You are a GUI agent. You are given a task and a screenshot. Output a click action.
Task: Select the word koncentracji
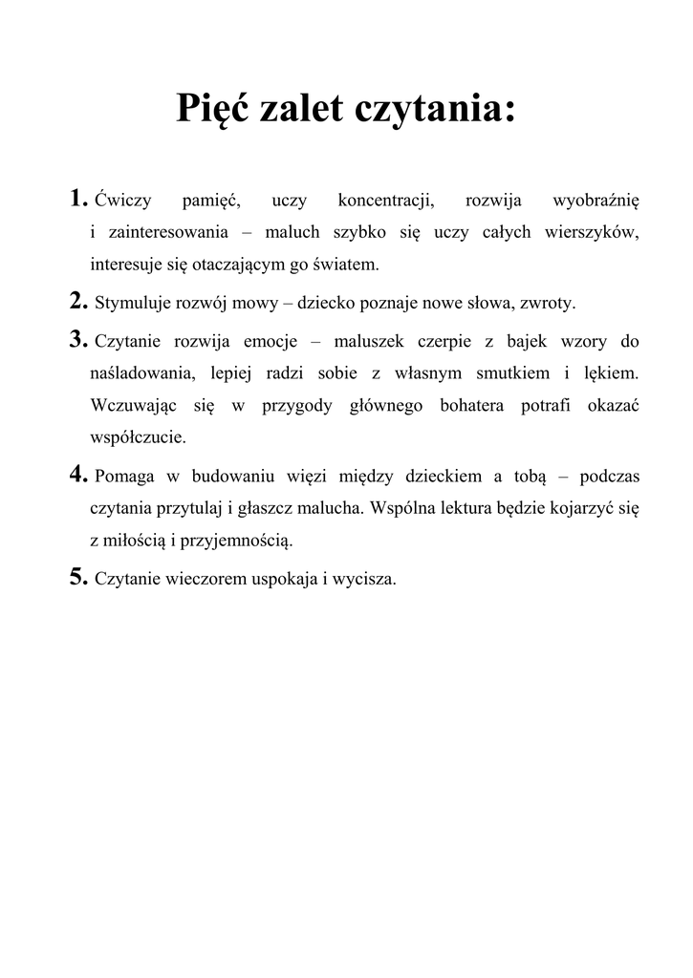click(386, 202)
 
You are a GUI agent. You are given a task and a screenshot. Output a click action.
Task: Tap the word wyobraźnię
click(596, 202)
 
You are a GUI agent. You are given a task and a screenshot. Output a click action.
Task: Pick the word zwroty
click(546, 305)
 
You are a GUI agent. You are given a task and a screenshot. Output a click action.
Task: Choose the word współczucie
click(138, 438)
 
